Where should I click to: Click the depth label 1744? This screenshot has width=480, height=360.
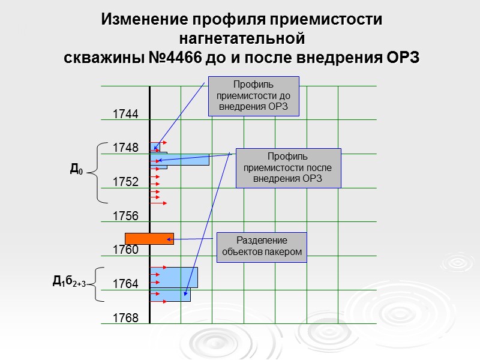[126, 114]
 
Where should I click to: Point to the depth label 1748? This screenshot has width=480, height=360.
[126, 148]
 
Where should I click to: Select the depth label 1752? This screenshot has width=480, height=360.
[126, 182]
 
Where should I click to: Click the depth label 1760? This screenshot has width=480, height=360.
[126, 250]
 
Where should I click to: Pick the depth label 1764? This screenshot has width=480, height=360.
[126, 284]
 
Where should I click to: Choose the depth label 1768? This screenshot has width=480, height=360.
[126, 318]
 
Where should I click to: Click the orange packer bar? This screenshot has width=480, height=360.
[149, 238]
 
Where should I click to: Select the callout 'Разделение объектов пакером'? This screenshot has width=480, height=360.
[262, 247]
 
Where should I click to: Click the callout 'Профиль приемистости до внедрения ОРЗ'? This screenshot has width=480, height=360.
[253, 96]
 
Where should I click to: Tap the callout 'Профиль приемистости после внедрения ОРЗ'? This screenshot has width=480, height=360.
[288, 168]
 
